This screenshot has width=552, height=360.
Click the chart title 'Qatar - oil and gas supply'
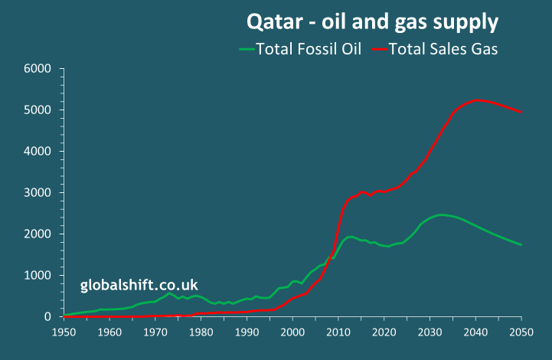pos(372,21)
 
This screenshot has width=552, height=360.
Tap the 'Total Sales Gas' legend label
pos(443,50)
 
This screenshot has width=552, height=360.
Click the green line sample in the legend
pos(247,50)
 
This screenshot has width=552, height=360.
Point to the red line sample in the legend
pos(377,50)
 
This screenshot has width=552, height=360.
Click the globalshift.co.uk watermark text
pos(139,286)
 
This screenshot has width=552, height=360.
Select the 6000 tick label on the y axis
pos(38,69)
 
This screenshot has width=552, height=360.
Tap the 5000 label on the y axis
pos(38,110)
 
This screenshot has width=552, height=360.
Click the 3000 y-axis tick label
pos(38,193)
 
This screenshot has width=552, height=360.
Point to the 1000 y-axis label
pos(38,276)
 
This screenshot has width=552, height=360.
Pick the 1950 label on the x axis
pos(64,332)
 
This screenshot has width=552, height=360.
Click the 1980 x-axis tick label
pos(201,332)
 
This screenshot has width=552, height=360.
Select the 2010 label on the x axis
pos(338,332)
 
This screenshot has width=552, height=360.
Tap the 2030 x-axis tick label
pos(430,332)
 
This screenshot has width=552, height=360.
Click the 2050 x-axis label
pos(521,332)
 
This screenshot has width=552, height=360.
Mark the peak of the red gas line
pos(478,100)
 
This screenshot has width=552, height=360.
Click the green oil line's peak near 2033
pos(442,214)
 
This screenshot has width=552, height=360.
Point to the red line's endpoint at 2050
pos(521,113)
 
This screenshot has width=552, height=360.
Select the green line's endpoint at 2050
pos(521,245)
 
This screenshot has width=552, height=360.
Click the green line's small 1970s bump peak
pos(169,293)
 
